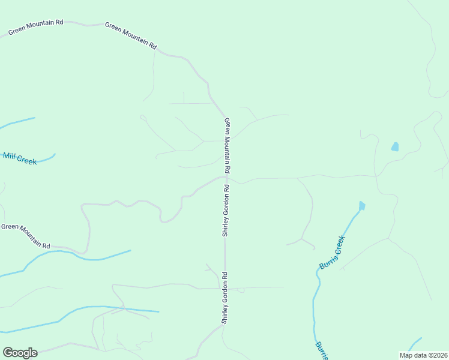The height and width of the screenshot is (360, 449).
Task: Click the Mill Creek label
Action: click(x=20, y=158)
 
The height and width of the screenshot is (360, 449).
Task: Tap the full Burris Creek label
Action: click(x=333, y=252)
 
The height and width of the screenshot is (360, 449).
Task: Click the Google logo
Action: click(x=20, y=353)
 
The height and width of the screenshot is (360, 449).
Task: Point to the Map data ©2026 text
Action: click(x=423, y=355)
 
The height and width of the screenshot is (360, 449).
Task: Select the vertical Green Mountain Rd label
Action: click(x=228, y=145)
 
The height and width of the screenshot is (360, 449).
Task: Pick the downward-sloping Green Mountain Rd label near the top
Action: click(x=130, y=35)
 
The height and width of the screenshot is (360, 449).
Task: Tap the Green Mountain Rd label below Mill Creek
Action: click(x=25, y=236)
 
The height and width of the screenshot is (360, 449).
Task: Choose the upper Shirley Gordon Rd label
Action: click(x=226, y=210)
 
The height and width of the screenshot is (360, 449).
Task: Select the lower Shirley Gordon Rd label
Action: click(x=224, y=298)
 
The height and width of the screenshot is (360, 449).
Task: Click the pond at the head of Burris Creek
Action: click(x=361, y=206)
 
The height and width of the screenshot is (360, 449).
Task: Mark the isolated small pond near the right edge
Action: click(x=394, y=146)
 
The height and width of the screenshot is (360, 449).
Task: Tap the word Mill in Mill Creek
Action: click(x=9, y=156)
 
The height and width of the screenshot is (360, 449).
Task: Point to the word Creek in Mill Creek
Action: click(x=26, y=160)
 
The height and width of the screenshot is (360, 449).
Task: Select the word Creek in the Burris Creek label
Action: click(x=339, y=244)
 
